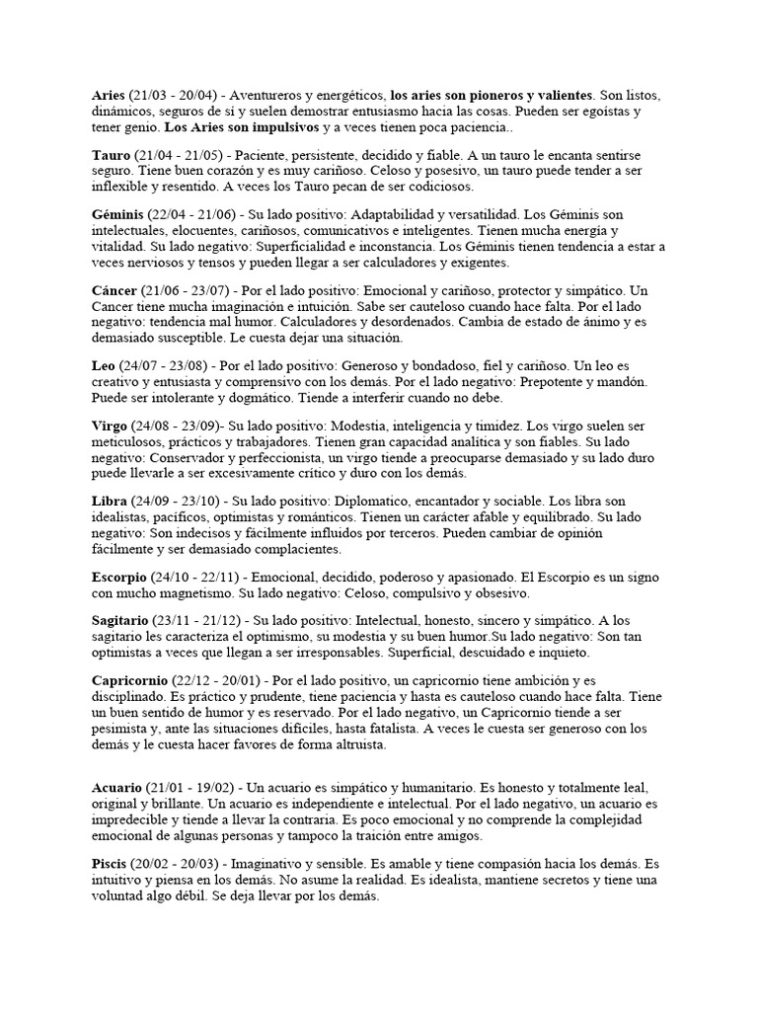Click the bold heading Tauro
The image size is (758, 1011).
click(x=112, y=155)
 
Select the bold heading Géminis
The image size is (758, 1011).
click(x=117, y=215)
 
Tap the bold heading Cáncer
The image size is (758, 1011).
click(x=114, y=291)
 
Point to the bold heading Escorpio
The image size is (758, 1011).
click(x=119, y=577)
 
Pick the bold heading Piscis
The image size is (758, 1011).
click(x=111, y=864)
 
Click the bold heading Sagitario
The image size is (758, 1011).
click(x=121, y=622)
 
